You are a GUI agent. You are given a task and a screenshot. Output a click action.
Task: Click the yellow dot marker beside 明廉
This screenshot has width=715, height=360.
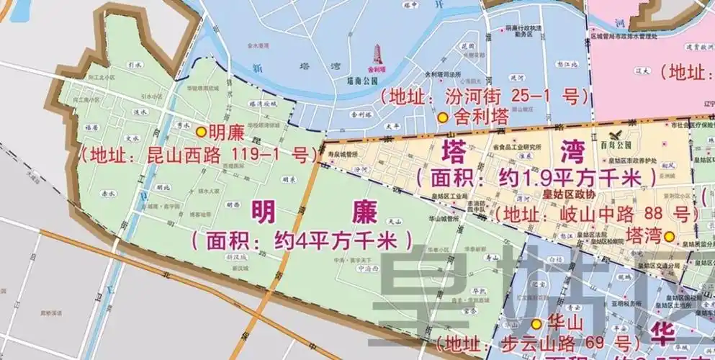coord(200,131)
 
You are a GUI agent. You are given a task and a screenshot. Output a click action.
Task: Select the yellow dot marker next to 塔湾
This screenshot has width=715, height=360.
coord(669,235)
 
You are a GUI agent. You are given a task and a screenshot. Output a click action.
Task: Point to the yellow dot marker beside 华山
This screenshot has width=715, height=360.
coord(536,324)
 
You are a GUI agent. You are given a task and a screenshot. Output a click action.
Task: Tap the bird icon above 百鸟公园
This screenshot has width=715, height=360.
coord(614,135)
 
